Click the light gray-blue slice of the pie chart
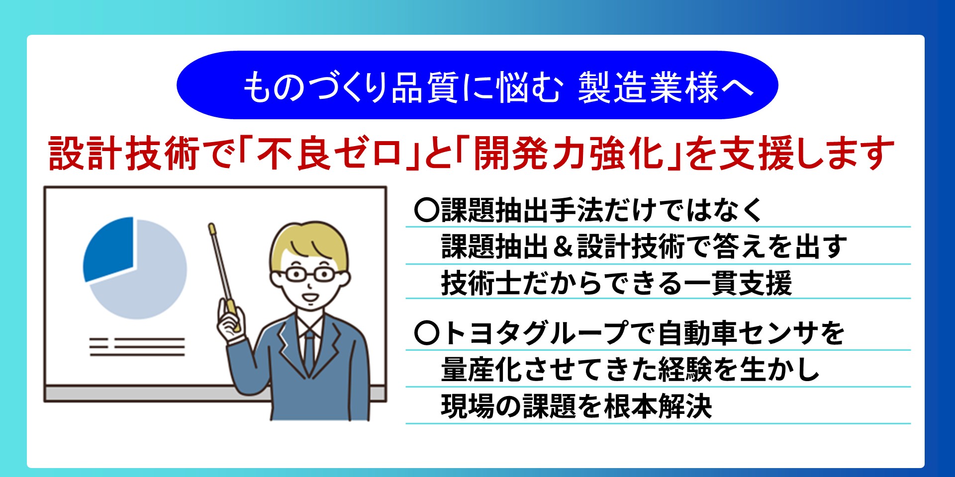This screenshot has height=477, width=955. pyautogui.click(x=149, y=283)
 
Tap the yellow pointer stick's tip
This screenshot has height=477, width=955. pyautogui.click(x=211, y=227)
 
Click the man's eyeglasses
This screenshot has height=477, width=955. pyautogui.click(x=308, y=274)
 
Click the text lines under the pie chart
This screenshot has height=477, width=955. pyautogui.click(x=137, y=347)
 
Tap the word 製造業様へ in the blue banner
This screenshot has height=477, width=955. pyautogui.click(x=666, y=87)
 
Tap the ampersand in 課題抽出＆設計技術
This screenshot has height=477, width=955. pyautogui.click(x=563, y=247)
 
